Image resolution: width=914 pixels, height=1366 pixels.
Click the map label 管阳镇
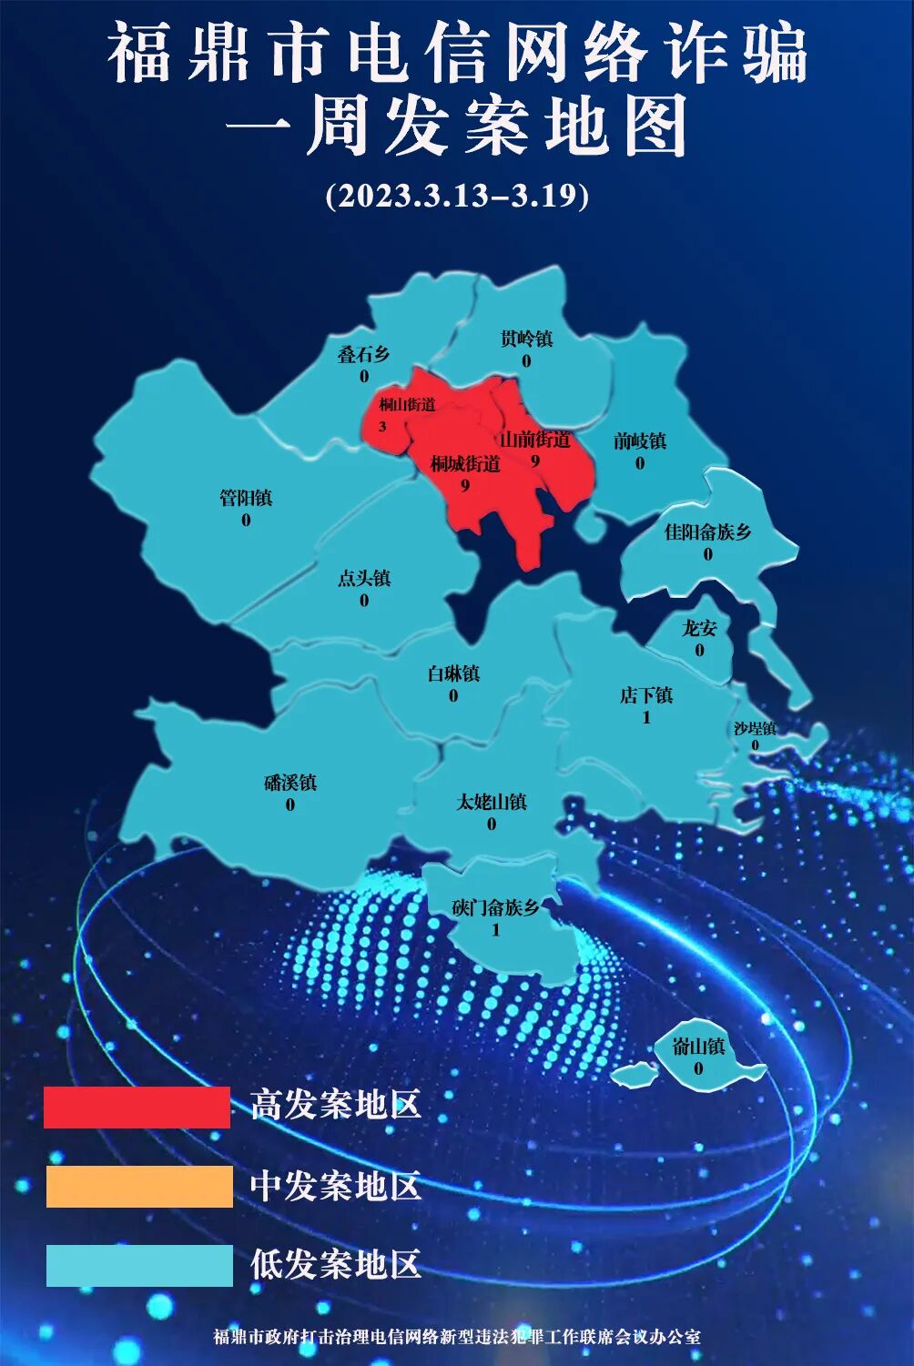(x=246, y=498)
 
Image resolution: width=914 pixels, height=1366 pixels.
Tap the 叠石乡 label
(x=363, y=354)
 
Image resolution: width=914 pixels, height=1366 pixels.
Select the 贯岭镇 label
(x=526, y=339)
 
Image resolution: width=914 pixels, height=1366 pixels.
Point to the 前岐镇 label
(x=640, y=440)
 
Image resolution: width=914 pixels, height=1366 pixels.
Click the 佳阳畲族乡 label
(x=707, y=531)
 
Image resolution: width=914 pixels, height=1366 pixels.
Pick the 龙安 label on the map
(x=699, y=628)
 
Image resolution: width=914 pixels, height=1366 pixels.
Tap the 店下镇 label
(x=646, y=695)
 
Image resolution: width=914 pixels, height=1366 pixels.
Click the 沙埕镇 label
(x=755, y=728)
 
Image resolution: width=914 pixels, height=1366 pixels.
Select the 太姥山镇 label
(x=492, y=802)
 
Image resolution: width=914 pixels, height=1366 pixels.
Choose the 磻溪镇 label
(x=290, y=783)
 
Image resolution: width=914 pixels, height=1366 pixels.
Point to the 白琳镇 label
(x=453, y=673)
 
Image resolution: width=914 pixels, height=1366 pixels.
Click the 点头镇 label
(x=364, y=578)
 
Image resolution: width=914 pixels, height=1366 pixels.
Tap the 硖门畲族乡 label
(x=496, y=907)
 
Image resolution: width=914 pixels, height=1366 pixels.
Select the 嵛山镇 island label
(x=698, y=1047)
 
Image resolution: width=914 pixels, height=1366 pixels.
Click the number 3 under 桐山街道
(x=382, y=426)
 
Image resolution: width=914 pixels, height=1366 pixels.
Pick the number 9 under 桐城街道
(x=464, y=485)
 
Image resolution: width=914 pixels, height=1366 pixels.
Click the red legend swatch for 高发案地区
(x=137, y=1107)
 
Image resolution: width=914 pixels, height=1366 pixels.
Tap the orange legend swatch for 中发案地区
(x=139, y=1187)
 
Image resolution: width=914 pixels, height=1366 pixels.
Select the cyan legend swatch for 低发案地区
(x=139, y=1265)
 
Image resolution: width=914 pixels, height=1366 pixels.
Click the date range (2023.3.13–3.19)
(x=457, y=196)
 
